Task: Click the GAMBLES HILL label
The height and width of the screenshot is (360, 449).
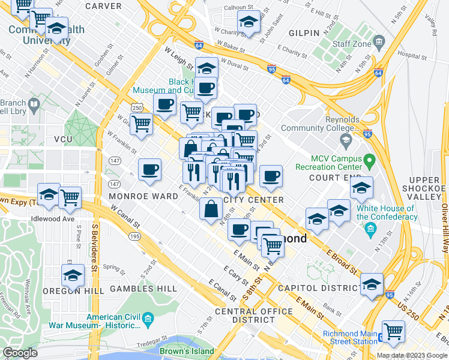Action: [x=147, y=289]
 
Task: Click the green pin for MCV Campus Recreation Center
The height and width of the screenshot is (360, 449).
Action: [x=370, y=160]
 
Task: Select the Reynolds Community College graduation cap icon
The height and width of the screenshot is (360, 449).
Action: [x=345, y=140]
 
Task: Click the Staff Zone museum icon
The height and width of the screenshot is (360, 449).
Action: [x=379, y=41]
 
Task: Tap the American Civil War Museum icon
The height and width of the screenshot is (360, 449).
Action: [x=149, y=317]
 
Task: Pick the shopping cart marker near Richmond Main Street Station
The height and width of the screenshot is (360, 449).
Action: [x=393, y=331]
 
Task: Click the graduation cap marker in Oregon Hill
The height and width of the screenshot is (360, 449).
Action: [x=73, y=275]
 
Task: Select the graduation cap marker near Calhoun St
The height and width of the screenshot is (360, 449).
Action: [x=249, y=22]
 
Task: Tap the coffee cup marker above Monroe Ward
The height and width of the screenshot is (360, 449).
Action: [x=149, y=169]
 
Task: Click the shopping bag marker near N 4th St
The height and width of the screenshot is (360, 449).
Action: [x=212, y=209]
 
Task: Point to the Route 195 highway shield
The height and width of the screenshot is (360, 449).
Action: [x=134, y=236]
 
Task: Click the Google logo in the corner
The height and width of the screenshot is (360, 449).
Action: [x=20, y=353]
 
